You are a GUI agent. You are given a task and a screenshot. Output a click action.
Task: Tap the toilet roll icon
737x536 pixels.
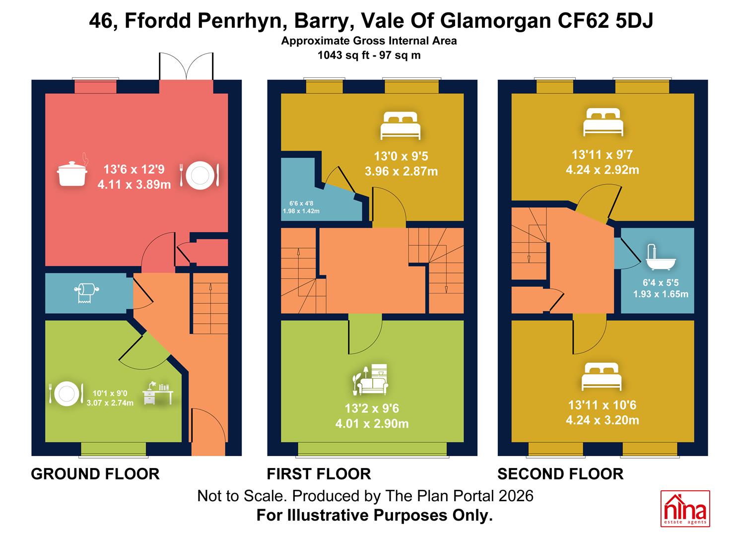(x=86, y=292)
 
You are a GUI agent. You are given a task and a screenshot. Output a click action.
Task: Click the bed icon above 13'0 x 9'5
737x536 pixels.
(x=401, y=126)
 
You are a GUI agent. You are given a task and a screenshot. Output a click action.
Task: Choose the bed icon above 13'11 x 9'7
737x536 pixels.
(x=603, y=122)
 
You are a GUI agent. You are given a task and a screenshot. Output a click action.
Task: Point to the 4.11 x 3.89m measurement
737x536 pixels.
(x=134, y=185)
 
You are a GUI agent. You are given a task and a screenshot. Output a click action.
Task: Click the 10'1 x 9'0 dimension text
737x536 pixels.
(x=110, y=393)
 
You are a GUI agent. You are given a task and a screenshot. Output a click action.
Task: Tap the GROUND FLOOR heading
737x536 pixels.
(x=95, y=474)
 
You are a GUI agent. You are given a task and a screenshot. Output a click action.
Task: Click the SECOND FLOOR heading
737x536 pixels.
(x=560, y=474)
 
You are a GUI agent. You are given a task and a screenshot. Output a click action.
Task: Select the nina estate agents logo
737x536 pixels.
(x=685, y=508)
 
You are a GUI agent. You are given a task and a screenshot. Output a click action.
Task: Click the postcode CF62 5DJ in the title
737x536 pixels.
(x=605, y=21)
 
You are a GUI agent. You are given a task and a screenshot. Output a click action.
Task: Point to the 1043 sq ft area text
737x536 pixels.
(x=343, y=55)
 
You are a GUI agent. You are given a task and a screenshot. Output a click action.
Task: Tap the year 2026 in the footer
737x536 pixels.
(x=516, y=496)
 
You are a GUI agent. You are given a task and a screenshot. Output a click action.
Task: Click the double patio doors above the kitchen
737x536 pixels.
(x=186, y=66)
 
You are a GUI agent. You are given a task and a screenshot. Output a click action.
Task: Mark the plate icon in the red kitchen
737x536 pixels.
(x=200, y=175)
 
